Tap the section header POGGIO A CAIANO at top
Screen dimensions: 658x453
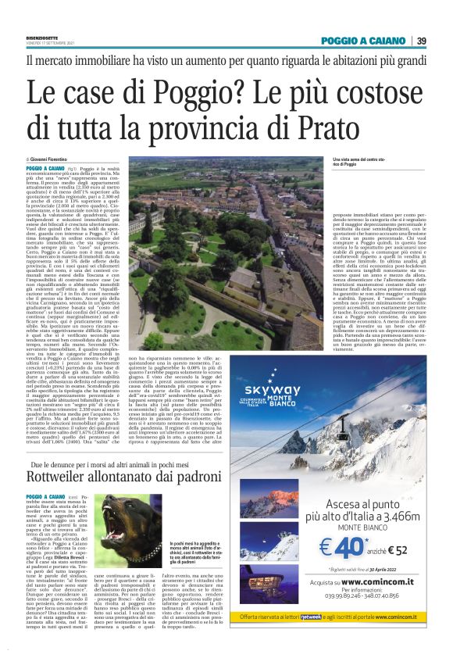[363, 41]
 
